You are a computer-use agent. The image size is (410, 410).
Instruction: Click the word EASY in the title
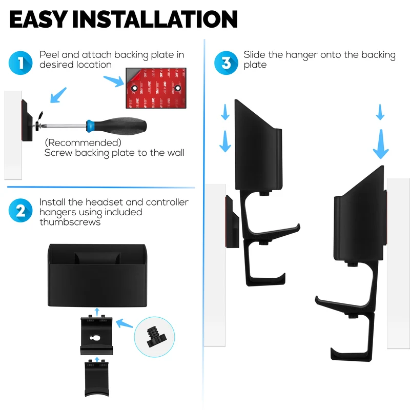tap(39, 19)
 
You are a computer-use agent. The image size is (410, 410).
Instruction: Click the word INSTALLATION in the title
tap(155, 19)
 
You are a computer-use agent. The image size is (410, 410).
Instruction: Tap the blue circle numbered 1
tap(20, 63)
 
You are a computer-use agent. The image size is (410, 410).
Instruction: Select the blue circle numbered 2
tap(20, 211)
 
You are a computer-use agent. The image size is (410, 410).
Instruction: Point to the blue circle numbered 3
tap(226, 63)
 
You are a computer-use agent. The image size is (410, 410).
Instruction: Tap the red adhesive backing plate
tap(156, 88)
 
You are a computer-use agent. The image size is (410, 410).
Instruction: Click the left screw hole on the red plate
tap(134, 88)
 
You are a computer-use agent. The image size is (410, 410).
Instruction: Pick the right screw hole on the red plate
tap(178, 88)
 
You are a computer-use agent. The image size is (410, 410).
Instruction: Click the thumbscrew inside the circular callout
tap(156, 337)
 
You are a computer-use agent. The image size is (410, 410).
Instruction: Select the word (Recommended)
tap(83, 143)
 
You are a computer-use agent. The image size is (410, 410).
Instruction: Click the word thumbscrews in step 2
tap(70, 222)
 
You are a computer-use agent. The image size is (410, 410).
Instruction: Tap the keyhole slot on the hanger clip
tap(94, 338)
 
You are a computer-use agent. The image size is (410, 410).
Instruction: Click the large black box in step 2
tap(97, 275)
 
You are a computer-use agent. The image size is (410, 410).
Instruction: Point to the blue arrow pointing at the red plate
tap(114, 81)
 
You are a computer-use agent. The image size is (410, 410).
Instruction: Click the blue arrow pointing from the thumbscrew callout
tap(124, 323)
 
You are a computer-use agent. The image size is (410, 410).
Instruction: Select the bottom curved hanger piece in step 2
tap(96, 378)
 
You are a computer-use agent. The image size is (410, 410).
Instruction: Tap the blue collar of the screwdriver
tap(89, 125)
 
